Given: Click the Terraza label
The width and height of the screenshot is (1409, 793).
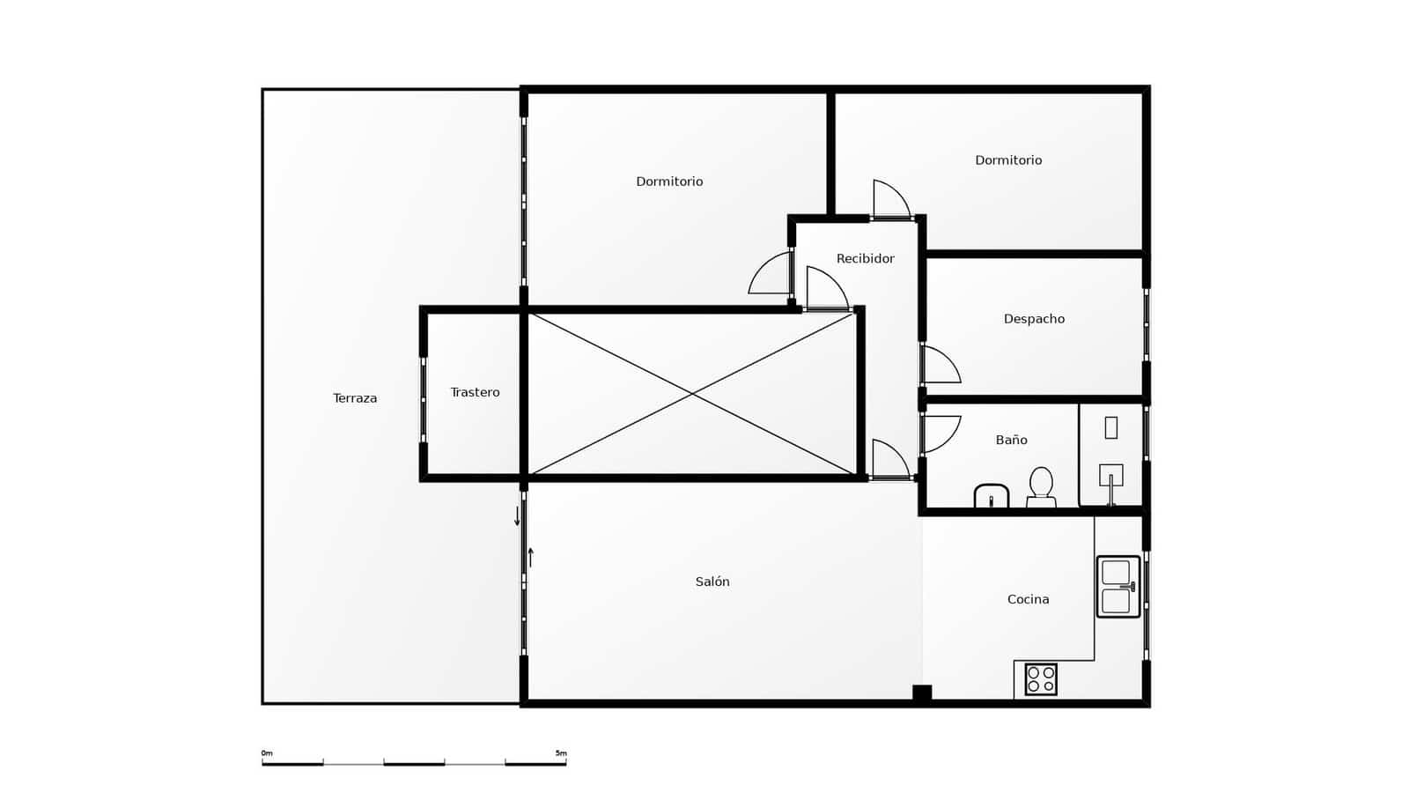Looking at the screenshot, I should pos(355,398).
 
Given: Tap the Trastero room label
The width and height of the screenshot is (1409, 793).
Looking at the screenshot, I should pos(475,392).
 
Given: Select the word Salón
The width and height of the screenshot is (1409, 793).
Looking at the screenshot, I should pos(712,582).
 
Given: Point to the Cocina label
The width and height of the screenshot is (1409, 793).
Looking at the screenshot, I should pos(1028,599).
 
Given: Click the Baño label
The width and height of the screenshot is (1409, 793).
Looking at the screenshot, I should pos(1011,440).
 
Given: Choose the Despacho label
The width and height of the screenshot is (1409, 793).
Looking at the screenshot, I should pos(1034,319).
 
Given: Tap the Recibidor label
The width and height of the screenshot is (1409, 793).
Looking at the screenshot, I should pos(865,258).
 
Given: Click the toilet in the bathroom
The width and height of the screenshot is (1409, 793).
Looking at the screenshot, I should pos(1041,487).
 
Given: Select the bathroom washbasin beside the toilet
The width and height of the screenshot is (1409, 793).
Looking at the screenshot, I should pos(992,496).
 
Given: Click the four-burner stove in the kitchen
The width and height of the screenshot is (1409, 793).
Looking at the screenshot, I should pos(1040,679).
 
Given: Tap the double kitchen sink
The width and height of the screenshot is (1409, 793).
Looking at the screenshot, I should pos(1118,586).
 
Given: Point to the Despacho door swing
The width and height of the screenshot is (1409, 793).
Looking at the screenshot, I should pos(939,365).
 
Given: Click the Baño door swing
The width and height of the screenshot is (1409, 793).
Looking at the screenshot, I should pos(940,434).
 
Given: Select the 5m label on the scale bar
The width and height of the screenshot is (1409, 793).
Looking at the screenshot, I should pos(561,753).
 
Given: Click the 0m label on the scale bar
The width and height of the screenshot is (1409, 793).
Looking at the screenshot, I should pos(267,753).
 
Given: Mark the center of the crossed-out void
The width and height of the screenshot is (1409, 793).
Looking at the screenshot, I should pos(692,394).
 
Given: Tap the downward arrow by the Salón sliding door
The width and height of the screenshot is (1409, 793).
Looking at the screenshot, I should pos(517,516).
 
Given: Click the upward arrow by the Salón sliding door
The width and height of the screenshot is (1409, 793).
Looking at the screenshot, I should pos(530,557).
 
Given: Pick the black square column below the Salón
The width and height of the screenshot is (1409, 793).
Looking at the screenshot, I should pos(921,693).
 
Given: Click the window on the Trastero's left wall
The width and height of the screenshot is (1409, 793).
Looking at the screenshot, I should pos(423,400).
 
